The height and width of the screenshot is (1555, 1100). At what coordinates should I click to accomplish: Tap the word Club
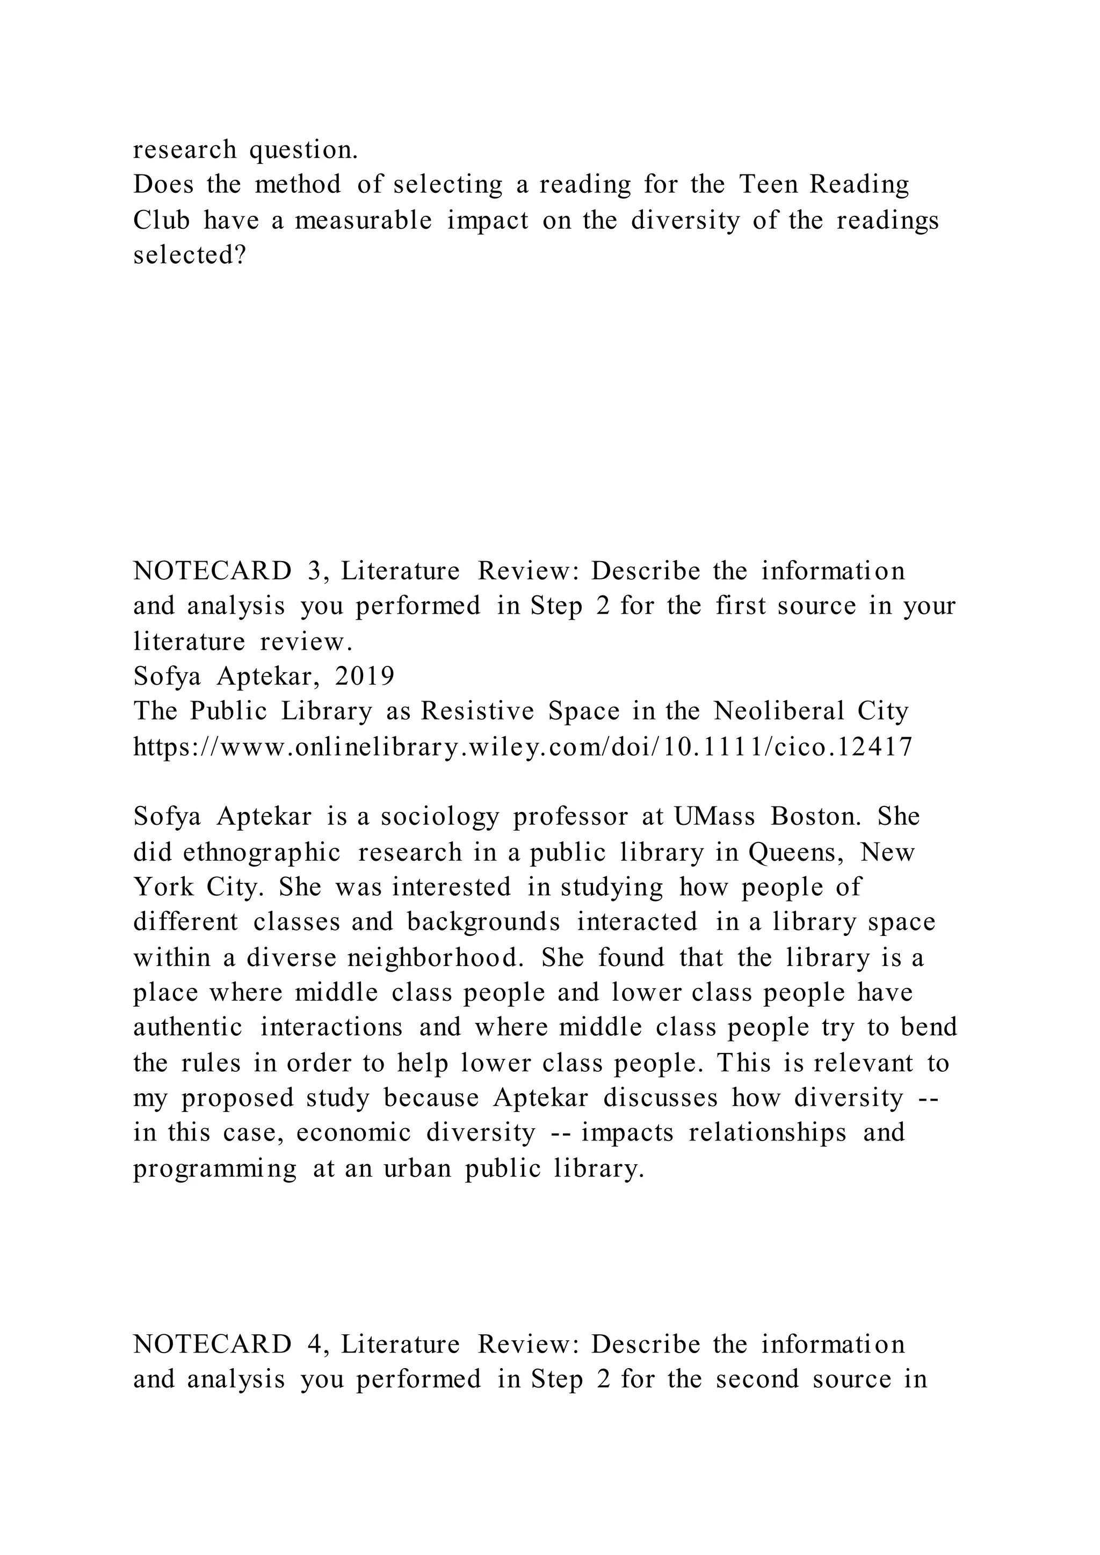161,220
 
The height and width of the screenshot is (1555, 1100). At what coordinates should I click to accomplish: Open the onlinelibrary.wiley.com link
523,746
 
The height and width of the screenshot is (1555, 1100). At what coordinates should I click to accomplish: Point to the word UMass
714,817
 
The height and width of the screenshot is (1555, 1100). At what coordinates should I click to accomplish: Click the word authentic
187,1027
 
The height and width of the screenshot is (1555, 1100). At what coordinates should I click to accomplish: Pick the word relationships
768,1133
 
